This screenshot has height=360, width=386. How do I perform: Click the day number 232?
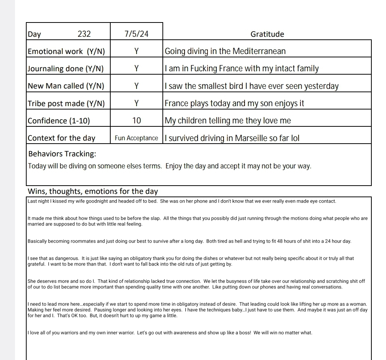pyautogui.click(x=84, y=34)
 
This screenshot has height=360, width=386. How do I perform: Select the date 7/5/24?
pyautogui.click(x=137, y=34)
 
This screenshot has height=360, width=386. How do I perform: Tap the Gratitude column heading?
pyautogui.click(x=267, y=34)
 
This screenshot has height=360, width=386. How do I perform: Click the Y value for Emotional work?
pyautogui.click(x=137, y=51)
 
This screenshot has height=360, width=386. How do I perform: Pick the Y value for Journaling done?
pyautogui.click(x=137, y=69)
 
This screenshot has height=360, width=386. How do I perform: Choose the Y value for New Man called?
pyautogui.click(x=137, y=86)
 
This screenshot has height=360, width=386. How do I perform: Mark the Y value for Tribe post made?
pyautogui.click(x=137, y=103)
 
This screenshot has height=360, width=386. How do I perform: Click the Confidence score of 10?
pyautogui.click(x=137, y=120)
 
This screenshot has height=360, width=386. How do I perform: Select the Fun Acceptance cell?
pyautogui.click(x=137, y=138)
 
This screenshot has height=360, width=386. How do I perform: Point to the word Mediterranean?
pyautogui.click(x=259, y=51)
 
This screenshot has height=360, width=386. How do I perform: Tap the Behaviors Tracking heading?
pyautogui.click(x=62, y=154)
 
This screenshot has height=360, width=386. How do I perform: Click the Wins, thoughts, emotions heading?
pyautogui.click(x=93, y=191)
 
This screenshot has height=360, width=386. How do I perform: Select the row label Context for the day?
pyautogui.click(x=62, y=138)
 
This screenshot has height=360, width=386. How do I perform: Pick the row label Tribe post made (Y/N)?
pyautogui.click(x=66, y=103)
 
